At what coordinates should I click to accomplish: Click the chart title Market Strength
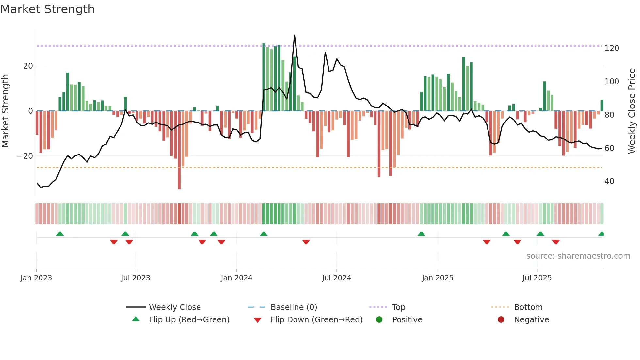(x=48, y=9)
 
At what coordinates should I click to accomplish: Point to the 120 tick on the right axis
(x=612, y=48)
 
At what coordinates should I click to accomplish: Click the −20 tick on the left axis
(x=25, y=156)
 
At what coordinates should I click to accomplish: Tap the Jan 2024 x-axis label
(x=236, y=278)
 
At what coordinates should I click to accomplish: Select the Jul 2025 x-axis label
(x=537, y=278)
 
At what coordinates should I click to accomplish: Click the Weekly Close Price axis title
(x=632, y=111)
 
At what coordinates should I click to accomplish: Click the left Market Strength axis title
(x=5, y=111)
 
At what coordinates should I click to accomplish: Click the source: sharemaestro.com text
(x=578, y=256)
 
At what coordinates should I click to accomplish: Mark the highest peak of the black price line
(x=295, y=35)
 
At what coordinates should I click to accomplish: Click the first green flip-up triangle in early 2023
(x=60, y=234)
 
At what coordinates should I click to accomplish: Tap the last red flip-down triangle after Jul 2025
(x=556, y=242)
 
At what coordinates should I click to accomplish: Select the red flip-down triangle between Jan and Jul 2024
(x=306, y=242)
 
